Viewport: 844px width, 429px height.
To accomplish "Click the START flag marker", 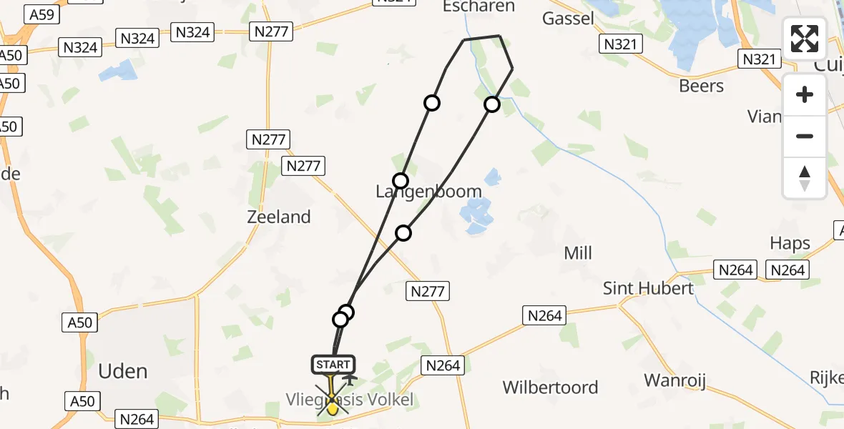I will point(333,365).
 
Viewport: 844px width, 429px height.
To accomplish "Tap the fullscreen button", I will point(805,39).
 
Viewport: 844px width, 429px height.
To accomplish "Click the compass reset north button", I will point(805,177).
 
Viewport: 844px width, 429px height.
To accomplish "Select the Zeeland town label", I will point(279,217).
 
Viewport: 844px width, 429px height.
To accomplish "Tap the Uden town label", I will point(122,371).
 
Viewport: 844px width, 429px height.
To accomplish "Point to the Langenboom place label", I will point(428,192).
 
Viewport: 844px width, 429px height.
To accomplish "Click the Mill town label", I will point(578,252).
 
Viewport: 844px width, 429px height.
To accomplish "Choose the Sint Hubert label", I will point(649,288).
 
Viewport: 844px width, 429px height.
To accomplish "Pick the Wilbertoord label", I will point(550,388).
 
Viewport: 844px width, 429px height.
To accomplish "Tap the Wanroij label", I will point(675,380).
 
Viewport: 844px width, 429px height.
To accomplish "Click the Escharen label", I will point(479,6).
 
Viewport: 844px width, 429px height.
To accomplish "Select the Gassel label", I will point(569,18).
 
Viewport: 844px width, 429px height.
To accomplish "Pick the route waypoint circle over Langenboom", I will point(401,180).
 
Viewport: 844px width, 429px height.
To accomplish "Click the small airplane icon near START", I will point(350,378).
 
